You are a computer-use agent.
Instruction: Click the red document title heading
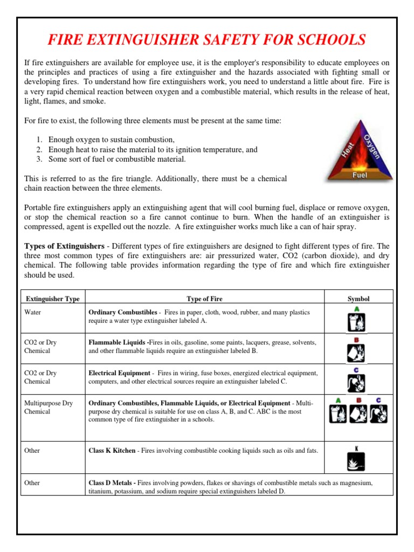(207, 40)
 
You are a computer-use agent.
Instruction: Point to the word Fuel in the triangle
(360, 175)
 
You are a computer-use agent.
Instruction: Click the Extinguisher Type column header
(53, 299)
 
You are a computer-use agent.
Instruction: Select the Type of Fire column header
(204, 299)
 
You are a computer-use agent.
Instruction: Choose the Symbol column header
(358, 299)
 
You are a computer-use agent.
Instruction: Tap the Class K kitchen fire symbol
(356, 459)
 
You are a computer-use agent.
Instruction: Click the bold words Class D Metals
(112, 483)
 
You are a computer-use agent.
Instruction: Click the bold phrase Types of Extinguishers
(64, 246)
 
